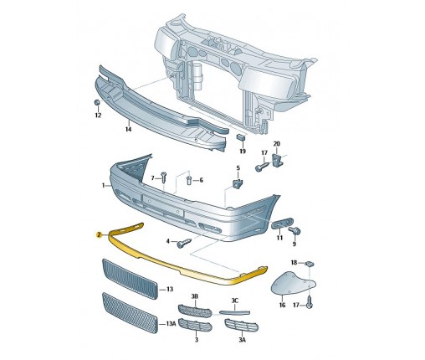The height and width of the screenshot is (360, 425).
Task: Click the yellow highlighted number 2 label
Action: (99, 235)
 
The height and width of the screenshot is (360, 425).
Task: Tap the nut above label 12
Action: (97, 102)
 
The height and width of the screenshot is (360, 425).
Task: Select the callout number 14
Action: (128, 130)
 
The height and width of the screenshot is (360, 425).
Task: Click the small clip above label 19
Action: (241, 137)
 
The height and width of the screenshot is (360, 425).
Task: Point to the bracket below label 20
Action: (276, 160)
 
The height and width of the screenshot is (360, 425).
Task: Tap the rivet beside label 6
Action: (188, 180)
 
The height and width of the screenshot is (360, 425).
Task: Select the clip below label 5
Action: (238, 183)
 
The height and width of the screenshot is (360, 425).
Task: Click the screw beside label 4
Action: (184, 243)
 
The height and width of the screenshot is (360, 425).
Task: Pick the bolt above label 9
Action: (294, 231)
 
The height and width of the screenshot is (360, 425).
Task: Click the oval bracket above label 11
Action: (282, 224)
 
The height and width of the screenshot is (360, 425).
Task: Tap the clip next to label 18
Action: (310, 263)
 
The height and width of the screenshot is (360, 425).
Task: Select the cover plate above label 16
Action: (293, 283)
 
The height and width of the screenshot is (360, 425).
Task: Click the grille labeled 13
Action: (130, 279)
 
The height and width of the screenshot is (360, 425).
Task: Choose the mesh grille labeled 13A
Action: (130, 313)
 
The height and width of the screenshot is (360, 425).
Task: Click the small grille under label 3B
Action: (195, 311)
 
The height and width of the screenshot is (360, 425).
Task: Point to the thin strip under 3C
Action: (234, 312)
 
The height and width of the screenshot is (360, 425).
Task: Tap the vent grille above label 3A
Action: (241, 326)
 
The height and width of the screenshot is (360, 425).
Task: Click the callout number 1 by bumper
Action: (103, 185)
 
